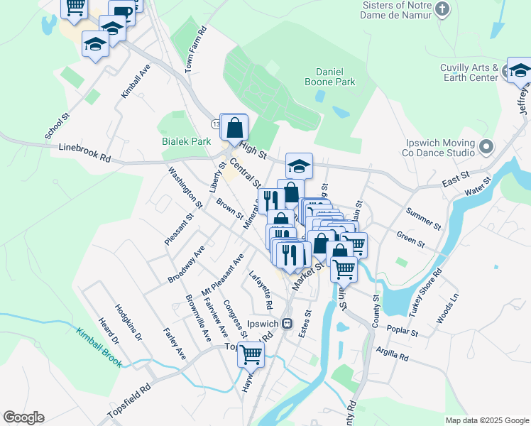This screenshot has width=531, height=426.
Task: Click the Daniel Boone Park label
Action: click(335, 77)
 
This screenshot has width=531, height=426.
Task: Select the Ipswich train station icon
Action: click(288, 323)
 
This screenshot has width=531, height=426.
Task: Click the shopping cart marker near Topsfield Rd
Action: click(251, 353)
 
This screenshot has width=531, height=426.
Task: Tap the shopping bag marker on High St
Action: click(235, 129)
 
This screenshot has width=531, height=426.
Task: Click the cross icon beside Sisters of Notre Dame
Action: click(442, 9)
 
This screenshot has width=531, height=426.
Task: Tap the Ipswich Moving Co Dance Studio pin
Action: click(486, 147)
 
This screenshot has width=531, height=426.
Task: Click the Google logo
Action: click(23, 417)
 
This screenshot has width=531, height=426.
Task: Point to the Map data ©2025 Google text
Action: click(486, 420)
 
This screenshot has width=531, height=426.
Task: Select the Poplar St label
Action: click(403, 331)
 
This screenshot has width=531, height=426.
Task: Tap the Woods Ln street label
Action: click(448, 307)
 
